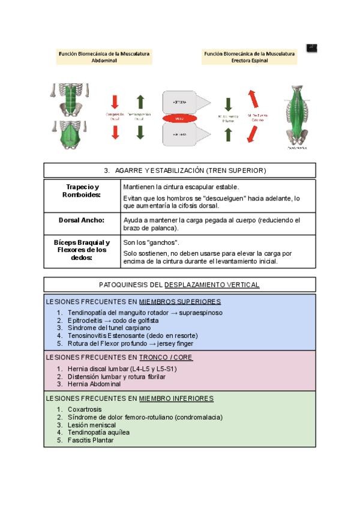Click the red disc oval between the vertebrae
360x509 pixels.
tap(179, 119)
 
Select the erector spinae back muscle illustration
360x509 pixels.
tap(298, 116)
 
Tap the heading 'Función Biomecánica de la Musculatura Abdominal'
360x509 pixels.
tap(104, 57)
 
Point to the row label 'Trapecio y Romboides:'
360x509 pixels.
tap(82, 191)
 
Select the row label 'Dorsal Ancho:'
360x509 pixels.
tap(82, 220)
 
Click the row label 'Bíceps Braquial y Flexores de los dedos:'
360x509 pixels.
tap(82, 250)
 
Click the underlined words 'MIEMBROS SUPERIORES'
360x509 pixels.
tap(180, 301)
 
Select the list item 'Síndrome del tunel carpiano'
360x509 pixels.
tap(110, 328)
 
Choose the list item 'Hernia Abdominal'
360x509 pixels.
tap(94, 384)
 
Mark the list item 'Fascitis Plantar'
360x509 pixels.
tap(91, 440)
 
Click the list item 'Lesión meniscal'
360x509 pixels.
tap(92, 424)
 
